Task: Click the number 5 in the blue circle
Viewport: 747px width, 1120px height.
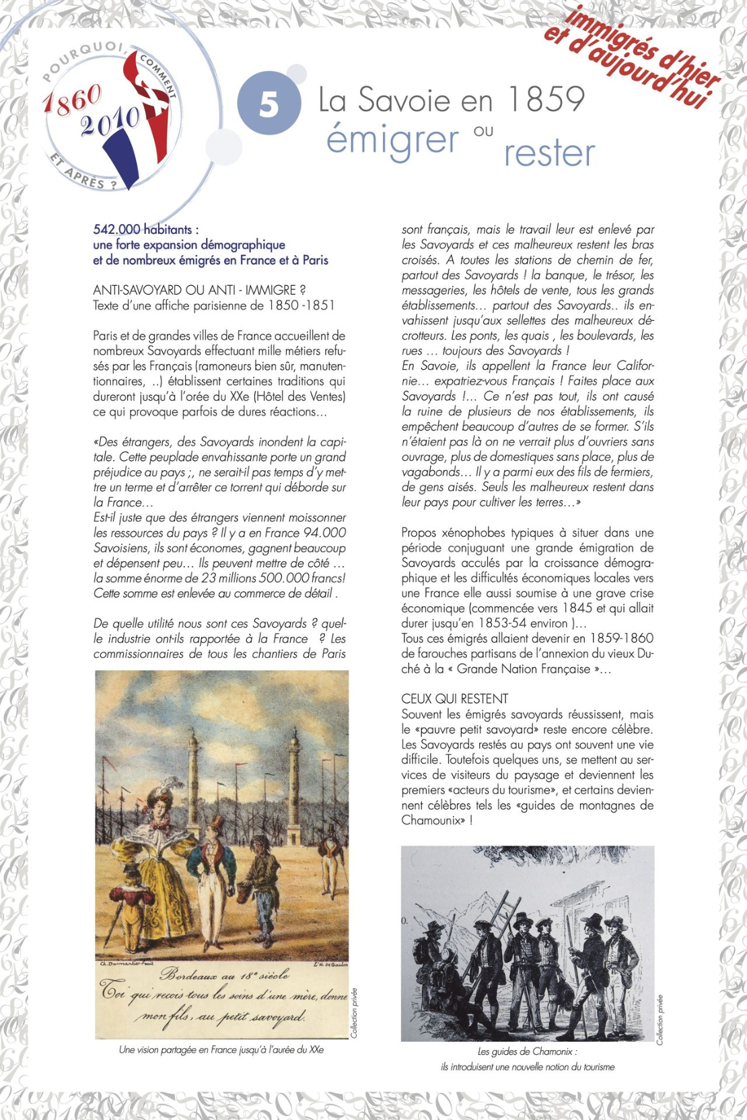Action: coord(269,105)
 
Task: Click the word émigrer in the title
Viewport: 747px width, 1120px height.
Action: coord(392,139)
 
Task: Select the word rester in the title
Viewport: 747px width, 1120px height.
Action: coord(549,153)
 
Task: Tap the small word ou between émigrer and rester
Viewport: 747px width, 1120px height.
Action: coord(483,131)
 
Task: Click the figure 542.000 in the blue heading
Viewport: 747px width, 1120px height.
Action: coord(116,230)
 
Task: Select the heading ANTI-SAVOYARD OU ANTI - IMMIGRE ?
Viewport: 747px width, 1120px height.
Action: coord(199,290)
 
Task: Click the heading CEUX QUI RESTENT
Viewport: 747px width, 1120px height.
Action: coord(455,699)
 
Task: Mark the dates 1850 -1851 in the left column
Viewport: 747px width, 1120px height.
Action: coord(301,305)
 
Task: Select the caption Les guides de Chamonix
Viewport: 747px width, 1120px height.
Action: coord(527,1051)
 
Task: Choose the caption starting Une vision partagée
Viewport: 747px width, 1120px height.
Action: coord(221,1049)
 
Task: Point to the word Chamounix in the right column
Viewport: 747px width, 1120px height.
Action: coord(432,820)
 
